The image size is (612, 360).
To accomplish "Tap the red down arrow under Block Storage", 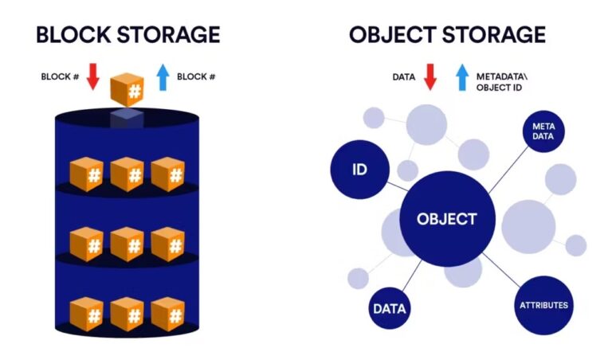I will (x=92, y=76).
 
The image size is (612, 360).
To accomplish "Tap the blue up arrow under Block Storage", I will (x=163, y=76).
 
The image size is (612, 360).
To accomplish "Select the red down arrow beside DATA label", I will (x=430, y=76).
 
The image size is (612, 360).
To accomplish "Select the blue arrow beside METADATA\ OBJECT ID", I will (x=461, y=76).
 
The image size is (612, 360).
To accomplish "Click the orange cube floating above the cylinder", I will (x=127, y=89).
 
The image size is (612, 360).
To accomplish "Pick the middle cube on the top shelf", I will (x=127, y=174).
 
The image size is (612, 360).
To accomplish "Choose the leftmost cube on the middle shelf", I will (x=86, y=244).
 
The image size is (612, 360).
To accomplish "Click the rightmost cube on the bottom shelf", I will (x=167, y=313).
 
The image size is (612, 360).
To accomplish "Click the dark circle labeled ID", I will (x=359, y=169).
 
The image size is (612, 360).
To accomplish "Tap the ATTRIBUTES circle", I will (x=543, y=306).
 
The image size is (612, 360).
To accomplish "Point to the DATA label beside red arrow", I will (x=404, y=77).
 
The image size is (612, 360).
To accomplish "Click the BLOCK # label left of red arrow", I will (x=61, y=77).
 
